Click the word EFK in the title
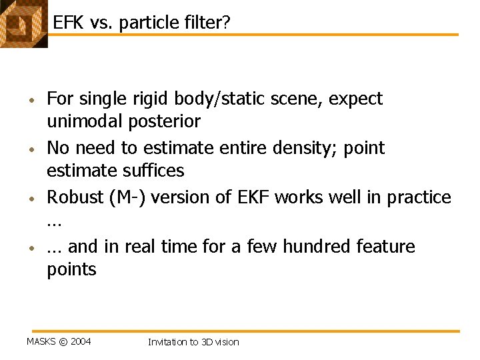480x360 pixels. (x=67, y=23)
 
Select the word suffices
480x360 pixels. (x=151, y=171)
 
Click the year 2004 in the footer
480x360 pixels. (x=80, y=342)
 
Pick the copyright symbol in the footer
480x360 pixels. (x=63, y=342)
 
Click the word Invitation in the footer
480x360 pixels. (x=167, y=342)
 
